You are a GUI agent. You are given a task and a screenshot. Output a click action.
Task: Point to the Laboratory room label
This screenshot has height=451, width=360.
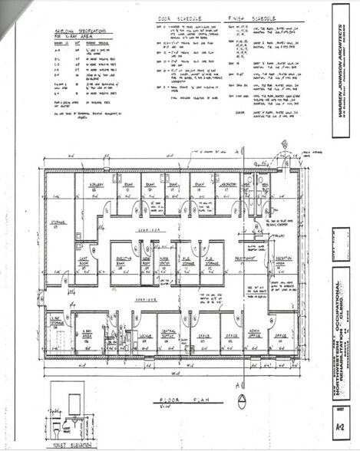(x=226, y=186)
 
